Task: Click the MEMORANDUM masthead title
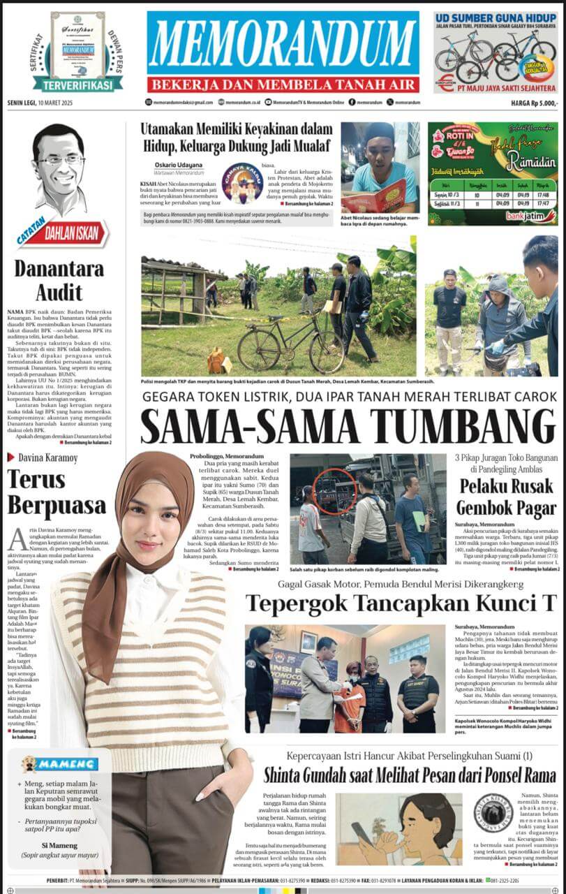pyautogui.click(x=283, y=43)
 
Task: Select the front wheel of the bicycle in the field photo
pyautogui.click(x=326, y=353)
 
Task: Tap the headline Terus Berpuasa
pyautogui.click(x=57, y=492)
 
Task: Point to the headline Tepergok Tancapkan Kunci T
pyautogui.click(x=401, y=602)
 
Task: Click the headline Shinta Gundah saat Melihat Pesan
pyautogui.click(x=409, y=775)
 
